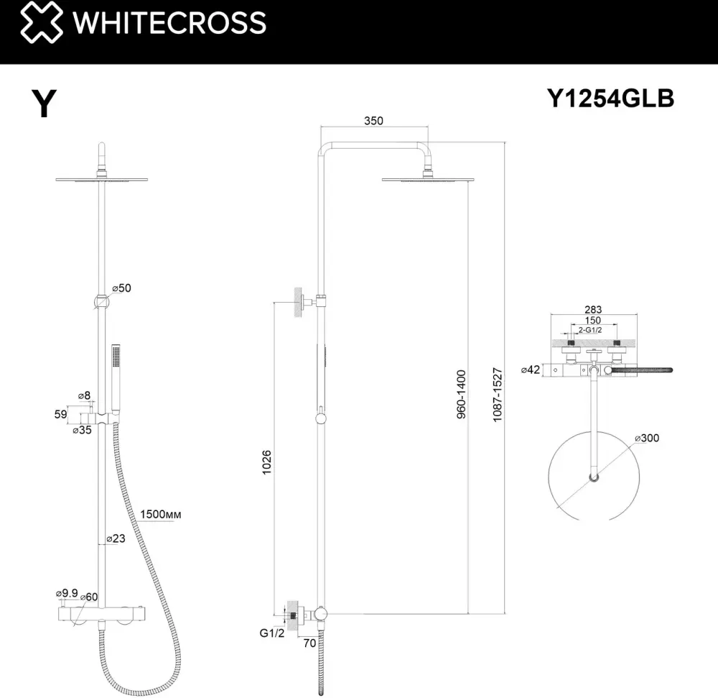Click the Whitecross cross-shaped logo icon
42,22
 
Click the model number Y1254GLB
610,98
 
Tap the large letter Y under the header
44,103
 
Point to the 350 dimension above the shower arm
373,121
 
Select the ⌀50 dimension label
122,288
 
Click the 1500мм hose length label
160,514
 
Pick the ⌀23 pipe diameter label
116,538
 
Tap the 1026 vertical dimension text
266,462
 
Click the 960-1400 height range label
461,394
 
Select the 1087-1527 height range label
498,395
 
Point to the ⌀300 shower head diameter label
647,438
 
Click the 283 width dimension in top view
593,309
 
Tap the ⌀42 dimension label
531,369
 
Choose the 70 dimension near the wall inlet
309,643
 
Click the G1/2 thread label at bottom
272,633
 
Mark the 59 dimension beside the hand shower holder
60,414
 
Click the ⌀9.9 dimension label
67,593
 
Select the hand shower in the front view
116,379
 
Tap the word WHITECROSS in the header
169,22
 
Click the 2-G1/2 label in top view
589,329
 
